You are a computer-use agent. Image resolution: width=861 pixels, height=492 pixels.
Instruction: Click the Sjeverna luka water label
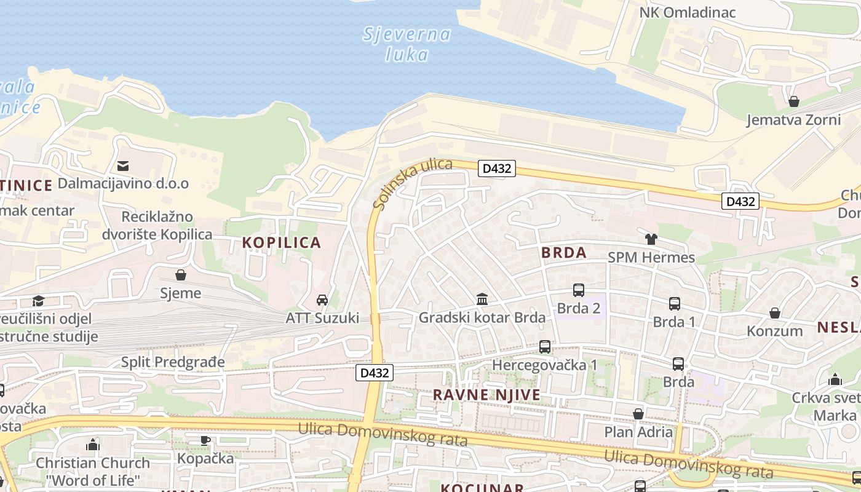tap(407, 44)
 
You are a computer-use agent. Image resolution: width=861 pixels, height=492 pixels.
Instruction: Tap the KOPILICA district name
tap(282, 242)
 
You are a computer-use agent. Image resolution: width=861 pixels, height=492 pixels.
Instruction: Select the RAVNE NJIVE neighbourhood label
tap(486, 395)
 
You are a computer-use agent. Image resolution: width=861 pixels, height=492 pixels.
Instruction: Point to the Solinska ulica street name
tap(412, 183)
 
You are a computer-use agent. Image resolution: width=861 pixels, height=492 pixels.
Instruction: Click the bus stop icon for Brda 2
tap(578, 290)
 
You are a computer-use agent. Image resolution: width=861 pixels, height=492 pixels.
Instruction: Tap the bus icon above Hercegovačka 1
tap(545, 347)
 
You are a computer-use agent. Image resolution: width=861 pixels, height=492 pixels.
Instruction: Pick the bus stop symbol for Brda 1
tap(674, 304)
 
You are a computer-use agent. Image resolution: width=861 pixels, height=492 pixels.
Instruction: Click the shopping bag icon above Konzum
tap(775, 313)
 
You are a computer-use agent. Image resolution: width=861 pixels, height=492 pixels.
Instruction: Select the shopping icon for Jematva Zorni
tap(794, 101)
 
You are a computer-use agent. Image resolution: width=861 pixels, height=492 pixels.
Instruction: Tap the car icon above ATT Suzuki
tap(322, 300)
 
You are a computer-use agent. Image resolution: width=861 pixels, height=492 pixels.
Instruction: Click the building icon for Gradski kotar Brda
tap(482, 300)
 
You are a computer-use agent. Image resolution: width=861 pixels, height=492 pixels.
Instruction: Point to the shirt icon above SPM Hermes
tap(651, 239)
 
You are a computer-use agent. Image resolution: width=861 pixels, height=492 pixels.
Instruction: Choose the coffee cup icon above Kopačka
tap(205, 440)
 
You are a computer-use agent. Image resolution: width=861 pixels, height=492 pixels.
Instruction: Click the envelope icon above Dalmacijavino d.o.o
tap(123, 165)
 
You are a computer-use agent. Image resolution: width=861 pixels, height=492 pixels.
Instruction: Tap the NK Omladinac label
tap(688, 12)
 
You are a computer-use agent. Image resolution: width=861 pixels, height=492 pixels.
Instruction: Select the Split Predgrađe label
tap(173, 362)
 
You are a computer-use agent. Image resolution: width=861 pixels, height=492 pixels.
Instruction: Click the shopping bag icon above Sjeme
tap(181, 275)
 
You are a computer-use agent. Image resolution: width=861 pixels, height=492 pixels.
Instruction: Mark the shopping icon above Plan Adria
tap(638, 414)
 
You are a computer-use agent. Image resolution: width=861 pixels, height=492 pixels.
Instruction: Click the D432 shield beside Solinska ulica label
tap(496, 169)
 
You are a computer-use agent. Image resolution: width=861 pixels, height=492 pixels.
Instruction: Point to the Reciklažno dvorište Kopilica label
tap(167, 225)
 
